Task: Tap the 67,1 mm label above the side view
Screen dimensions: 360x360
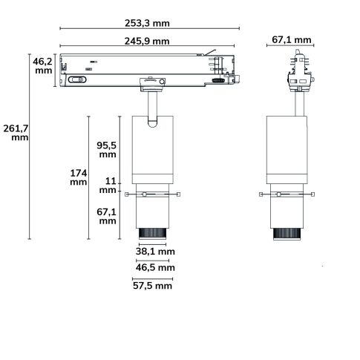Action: click(x=292, y=39)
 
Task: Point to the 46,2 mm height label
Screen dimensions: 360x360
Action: click(x=42, y=67)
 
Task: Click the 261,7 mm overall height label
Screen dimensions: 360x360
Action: click(x=14, y=133)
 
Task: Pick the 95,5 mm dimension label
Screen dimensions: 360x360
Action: click(x=108, y=150)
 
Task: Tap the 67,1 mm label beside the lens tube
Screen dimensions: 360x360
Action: click(x=108, y=215)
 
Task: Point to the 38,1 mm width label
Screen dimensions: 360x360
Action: click(x=155, y=251)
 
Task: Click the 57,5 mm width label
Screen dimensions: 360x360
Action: click(x=152, y=285)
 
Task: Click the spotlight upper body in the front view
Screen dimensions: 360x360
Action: click(x=153, y=148)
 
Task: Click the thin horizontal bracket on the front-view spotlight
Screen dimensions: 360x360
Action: click(x=153, y=194)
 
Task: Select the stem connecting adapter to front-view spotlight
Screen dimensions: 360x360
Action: click(x=152, y=107)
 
